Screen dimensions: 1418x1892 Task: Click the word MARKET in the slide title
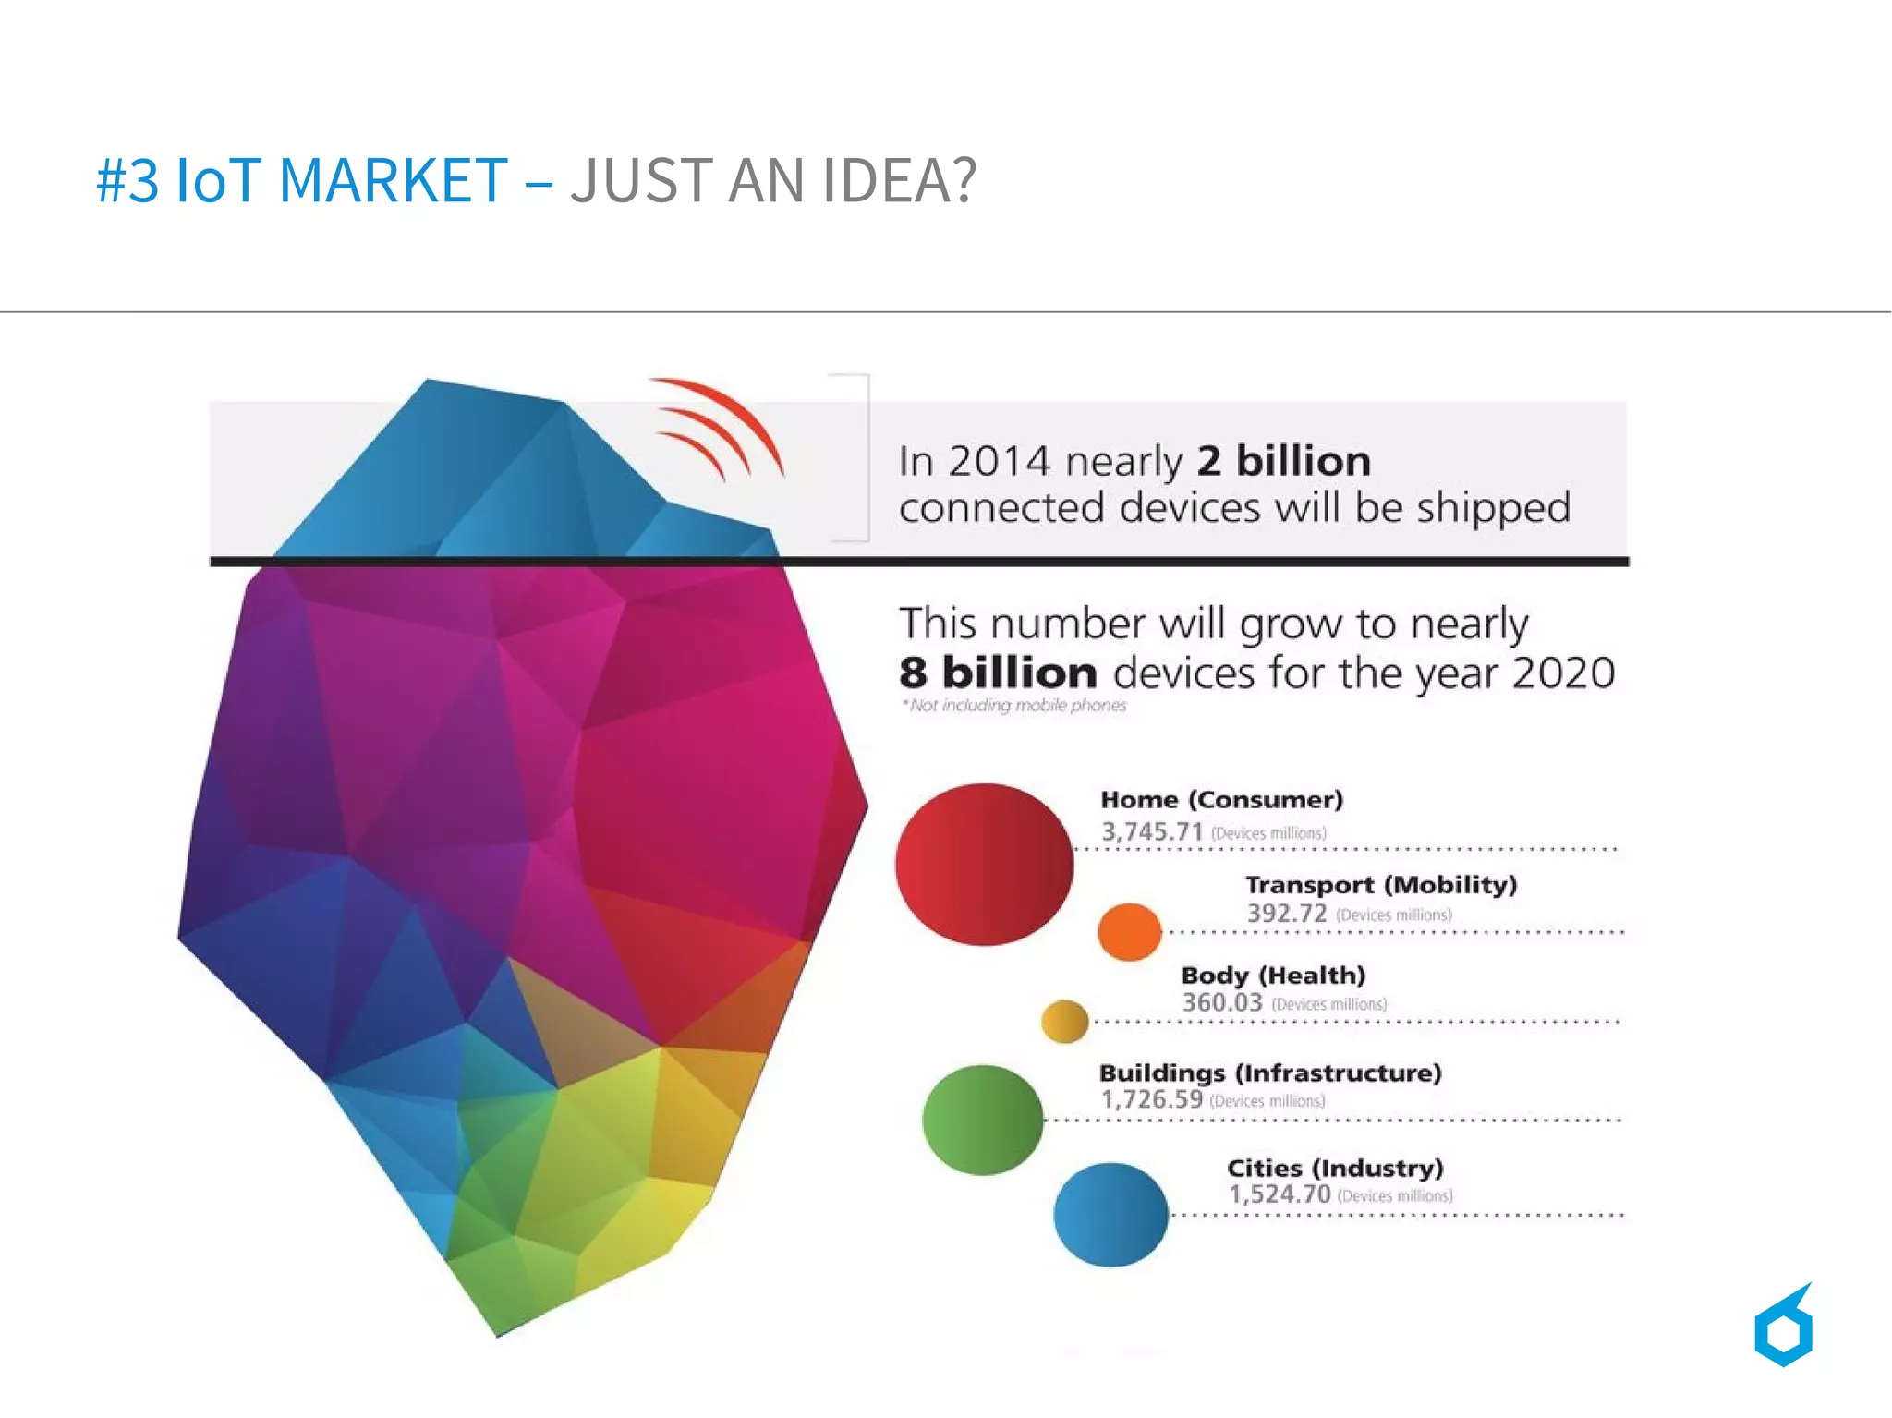(x=393, y=180)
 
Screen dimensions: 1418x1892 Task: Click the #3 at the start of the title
(x=127, y=180)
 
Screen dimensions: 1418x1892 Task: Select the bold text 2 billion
(x=1283, y=461)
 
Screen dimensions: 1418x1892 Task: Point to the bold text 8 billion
(x=998, y=673)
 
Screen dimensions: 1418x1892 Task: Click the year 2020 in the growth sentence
(x=1563, y=673)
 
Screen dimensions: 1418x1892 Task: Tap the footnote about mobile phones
(x=1013, y=706)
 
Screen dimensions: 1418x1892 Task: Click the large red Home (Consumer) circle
(x=984, y=864)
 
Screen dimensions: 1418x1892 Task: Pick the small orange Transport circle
(x=1129, y=931)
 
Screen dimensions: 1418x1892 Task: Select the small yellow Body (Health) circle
(x=1064, y=1021)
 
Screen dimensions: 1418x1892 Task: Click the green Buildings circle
(x=983, y=1120)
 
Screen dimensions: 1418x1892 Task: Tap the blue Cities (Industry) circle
(x=1110, y=1214)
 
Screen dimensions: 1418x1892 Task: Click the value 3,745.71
(x=1152, y=831)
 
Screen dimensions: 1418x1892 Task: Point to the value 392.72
(x=1287, y=914)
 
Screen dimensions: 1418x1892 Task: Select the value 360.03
(x=1222, y=1002)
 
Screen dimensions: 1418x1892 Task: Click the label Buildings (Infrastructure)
(x=1270, y=1073)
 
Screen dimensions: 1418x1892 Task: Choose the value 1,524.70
(x=1280, y=1194)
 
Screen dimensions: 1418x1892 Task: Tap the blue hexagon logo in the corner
(x=1783, y=1327)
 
